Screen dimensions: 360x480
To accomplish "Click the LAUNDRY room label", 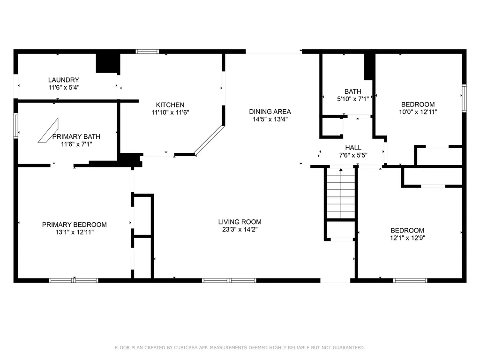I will [x=63, y=80].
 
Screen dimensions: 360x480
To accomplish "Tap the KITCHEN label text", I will [x=170, y=105].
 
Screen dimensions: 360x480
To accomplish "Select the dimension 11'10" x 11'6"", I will [x=170, y=112].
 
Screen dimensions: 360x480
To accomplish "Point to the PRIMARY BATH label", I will [x=76, y=136].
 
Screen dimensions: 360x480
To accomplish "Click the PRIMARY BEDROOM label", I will [x=74, y=225].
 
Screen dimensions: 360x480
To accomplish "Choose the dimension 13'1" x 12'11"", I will [x=74, y=232].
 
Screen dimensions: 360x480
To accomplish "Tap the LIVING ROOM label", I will [x=240, y=222].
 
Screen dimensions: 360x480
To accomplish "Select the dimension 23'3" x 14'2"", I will [x=240, y=230].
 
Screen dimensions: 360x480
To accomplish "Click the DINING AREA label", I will [x=270, y=112].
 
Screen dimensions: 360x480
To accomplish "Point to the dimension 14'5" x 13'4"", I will [x=270, y=119].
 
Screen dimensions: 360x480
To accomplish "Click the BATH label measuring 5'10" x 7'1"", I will [x=352, y=91].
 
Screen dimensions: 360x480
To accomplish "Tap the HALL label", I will [x=353, y=148].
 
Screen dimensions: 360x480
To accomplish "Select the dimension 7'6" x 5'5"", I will [x=353, y=155].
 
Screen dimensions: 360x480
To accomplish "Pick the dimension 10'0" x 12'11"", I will [x=418, y=112].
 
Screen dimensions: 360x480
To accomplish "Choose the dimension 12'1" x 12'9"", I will [x=407, y=238].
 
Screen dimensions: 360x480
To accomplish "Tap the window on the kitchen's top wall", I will [x=147, y=52].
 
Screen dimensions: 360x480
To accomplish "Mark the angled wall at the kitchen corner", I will [x=210, y=139].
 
